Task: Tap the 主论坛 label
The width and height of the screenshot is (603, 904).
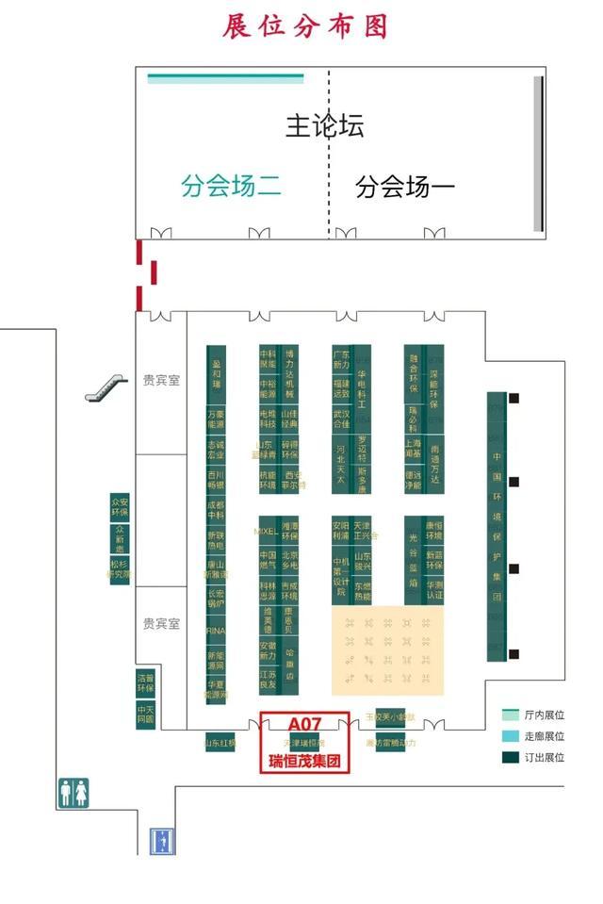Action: point(324,125)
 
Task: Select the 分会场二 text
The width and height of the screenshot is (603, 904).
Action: point(231,186)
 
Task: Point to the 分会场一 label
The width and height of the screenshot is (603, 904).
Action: point(405,187)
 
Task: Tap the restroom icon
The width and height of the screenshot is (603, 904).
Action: point(73,793)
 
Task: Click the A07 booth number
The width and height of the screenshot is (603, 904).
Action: point(304,724)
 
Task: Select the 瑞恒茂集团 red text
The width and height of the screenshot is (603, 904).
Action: point(304,761)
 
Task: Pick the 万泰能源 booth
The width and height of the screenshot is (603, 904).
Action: point(217,418)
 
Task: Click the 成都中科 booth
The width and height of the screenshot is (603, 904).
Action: point(217,510)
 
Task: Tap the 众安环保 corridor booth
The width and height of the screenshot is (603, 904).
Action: point(120,507)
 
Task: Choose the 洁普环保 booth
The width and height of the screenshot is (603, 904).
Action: point(145,682)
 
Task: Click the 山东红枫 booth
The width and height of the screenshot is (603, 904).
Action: point(220,743)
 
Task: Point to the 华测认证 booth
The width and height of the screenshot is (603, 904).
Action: point(433,590)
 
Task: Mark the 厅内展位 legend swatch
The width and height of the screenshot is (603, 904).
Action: point(511,715)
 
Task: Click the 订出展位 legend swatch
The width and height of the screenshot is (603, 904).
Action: point(511,757)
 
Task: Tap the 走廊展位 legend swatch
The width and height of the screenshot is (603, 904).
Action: point(511,736)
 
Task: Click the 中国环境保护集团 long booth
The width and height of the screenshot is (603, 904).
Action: point(497,526)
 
